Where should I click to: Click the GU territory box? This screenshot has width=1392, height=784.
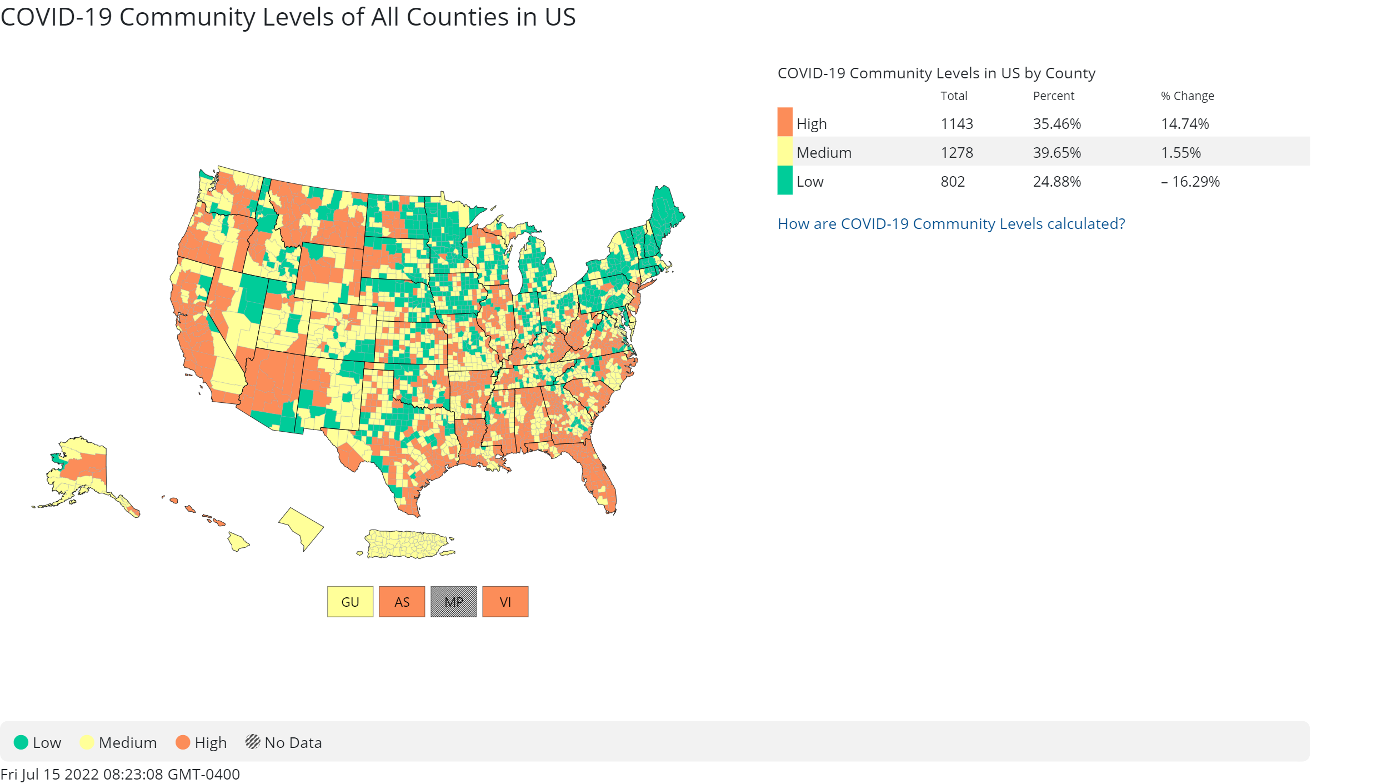click(x=350, y=602)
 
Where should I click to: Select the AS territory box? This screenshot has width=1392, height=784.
click(x=402, y=602)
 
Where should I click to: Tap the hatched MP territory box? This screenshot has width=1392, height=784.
click(x=453, y=602)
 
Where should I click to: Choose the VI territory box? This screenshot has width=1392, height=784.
click(x=505, y=602)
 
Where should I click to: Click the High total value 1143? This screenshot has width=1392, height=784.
click(x=957, y=123)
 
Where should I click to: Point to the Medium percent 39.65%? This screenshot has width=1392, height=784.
click(x=1056, y=152)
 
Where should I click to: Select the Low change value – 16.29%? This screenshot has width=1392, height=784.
click(x=1190, y=182)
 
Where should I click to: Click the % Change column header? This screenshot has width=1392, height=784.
click(x=1187, y=96)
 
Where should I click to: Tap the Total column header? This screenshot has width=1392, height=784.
click(x=954, y=96)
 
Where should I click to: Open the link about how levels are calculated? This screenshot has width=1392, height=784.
click(x=951, y=223)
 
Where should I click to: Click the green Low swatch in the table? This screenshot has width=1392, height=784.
click(x=784, y=181)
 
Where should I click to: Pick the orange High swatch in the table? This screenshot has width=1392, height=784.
click(x=784, y=122)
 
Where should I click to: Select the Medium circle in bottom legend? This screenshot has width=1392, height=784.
click(x=87, y=742)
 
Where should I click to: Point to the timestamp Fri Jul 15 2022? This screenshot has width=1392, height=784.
click(x=120, y=774)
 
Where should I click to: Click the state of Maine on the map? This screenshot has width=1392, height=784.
click(x=667, y=211)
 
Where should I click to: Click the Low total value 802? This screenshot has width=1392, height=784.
click(x=953, y=182)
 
